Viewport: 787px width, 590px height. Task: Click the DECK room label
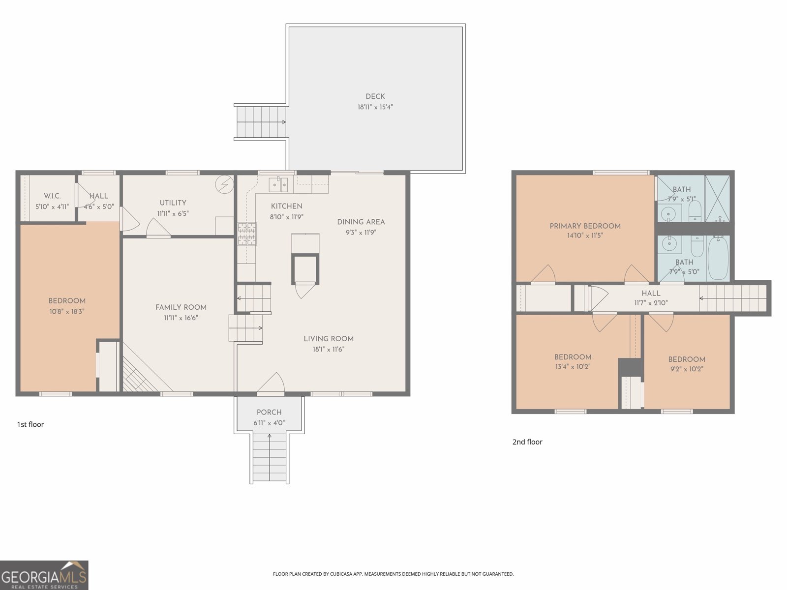(x=375, y=97)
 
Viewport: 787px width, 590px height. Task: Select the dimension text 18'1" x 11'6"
(x=329, y=350)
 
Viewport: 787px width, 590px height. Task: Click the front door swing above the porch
(x=271, y=383)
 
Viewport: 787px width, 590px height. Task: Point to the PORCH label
(x=269, y=413)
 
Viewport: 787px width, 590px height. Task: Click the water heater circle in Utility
(x=225, y=184)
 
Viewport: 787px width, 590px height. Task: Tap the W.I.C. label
(x=52, y=196)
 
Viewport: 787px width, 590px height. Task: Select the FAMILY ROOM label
(x=181, y=308)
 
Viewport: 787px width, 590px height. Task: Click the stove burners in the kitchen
(x=247, y=234)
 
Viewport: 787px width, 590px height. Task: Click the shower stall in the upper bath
(x=717, y=198)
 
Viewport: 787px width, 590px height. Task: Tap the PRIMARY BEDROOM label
(x=585, y=226)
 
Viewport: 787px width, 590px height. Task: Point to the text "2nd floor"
(x=527, y=442)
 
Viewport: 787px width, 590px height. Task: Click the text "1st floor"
(x=30, y=424)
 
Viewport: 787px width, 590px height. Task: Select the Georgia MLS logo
(x=44, y=575)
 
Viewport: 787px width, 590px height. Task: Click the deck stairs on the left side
(x=261, y=122)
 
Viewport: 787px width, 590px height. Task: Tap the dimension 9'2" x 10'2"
(x=686, y=369)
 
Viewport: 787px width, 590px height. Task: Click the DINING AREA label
(x=361, y=222)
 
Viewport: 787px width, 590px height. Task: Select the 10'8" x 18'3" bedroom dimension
(x=67, y=311)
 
